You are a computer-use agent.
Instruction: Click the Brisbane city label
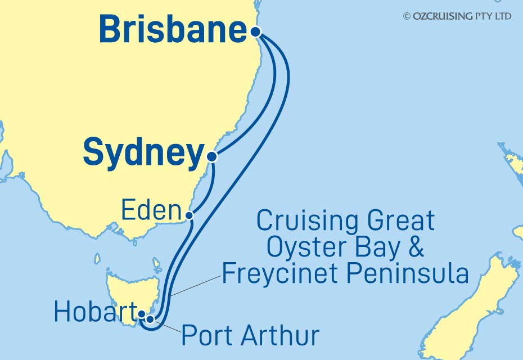pyautogui.click(x=173, y=30)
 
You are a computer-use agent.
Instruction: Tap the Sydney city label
pyautogui.click(x=143, y=153)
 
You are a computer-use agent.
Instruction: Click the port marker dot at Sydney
pyautogui.click(x=211, y=156)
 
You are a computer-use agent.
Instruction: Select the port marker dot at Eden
pyautogui.click(x=190, y=214)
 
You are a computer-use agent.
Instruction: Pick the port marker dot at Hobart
pyautogui.click(x=142, y=315)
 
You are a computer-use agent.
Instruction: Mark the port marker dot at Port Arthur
pyautogui.click(x=150, y=319)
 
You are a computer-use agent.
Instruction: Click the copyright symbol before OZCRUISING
pyautogui.click(x=407, y=16)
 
